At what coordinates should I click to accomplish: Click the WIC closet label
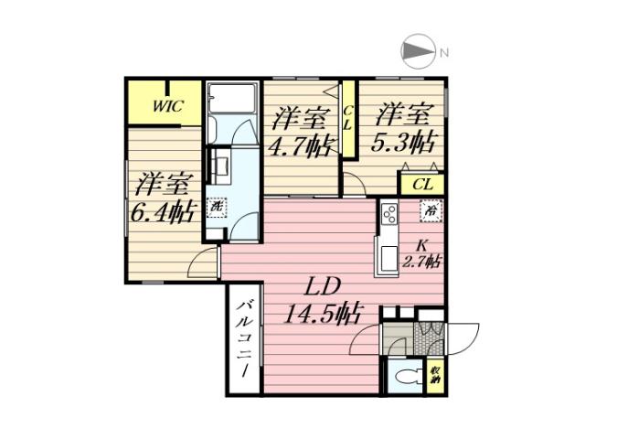(167, 105)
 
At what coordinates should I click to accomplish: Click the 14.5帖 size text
(320, 315)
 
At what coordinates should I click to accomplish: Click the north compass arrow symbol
(415, 52)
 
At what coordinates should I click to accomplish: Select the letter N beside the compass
(442, 52)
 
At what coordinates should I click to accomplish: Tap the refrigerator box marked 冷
(431, 210)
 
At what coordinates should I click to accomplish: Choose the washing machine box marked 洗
(216, 208)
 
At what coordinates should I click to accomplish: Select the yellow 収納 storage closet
(436, 375)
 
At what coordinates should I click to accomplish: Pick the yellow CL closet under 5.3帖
(421, 184)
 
